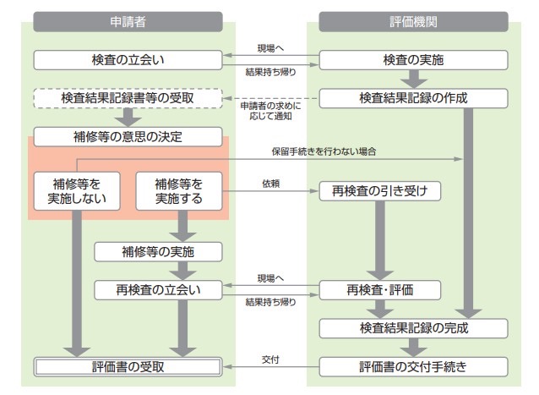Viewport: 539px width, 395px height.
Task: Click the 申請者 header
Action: [128, 21]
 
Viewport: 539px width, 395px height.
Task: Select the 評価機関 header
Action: [413, 21]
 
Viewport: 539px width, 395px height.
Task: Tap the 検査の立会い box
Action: [128, 60]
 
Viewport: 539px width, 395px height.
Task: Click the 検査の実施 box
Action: [413, 60]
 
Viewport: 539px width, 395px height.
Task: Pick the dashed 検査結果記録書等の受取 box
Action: [128, 98]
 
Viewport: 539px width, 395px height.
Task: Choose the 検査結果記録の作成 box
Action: [413, 98]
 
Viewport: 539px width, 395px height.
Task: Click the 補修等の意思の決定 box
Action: [128, 134]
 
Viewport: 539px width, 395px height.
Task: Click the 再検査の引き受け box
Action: [381, 190]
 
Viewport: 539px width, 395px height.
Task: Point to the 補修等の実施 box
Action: [159, 251]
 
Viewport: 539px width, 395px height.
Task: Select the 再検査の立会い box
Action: [159, 289]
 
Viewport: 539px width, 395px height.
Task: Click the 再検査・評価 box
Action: [381, 289]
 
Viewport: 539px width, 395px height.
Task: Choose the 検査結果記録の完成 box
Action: [413, 327]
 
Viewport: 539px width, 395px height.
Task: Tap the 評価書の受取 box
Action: [128, 366]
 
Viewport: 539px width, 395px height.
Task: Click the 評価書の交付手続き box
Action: [413, 366]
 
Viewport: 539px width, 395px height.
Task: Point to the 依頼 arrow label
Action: [270, 183]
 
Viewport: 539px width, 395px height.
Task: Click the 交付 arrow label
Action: [270, 359]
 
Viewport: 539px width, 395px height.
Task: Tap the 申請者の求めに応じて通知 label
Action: [270, 110]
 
